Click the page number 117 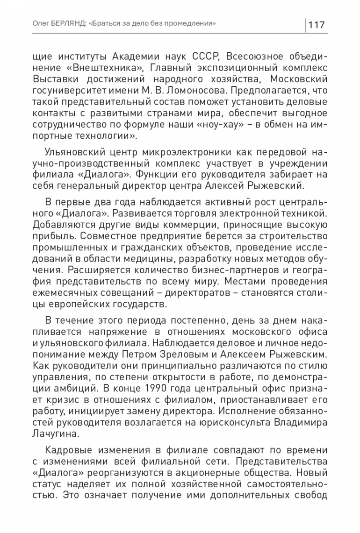click(317, 24)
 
